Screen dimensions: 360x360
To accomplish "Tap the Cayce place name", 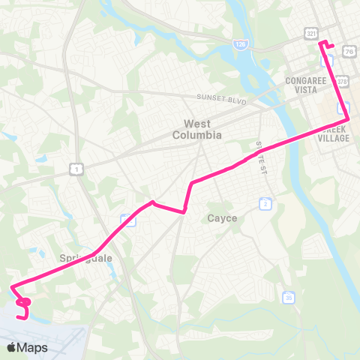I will click(222, 218).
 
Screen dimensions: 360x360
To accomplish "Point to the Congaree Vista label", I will click(308, 83).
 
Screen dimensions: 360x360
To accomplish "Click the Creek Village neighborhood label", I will click(334, 133).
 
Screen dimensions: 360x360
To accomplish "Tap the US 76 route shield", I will click(350, 50).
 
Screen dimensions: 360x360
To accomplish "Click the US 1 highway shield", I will click(77, 169).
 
